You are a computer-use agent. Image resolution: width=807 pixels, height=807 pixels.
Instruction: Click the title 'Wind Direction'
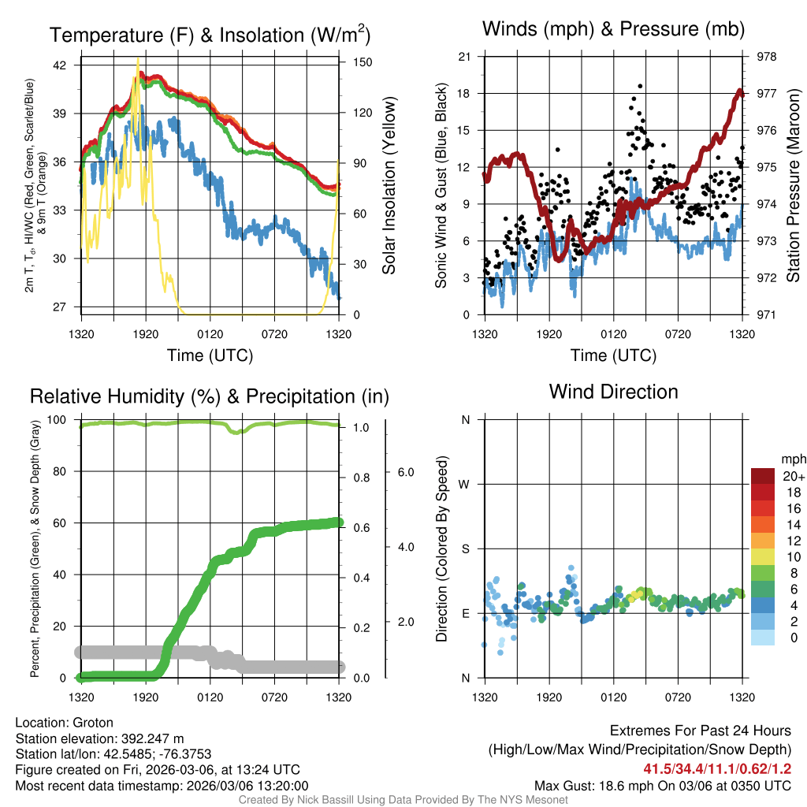613,392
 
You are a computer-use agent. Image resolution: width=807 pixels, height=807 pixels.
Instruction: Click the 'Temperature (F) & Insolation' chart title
210,35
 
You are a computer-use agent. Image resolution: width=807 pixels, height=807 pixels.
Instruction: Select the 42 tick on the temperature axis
61,65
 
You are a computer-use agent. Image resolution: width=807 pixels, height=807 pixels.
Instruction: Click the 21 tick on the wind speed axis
464,57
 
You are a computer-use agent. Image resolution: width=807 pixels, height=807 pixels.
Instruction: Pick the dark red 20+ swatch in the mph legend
764,477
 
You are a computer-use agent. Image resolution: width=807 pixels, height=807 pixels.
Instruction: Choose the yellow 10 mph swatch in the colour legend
764,557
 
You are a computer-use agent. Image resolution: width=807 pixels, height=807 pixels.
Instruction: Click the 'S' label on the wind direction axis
465,549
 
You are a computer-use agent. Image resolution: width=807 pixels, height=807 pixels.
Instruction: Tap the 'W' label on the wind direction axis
465,484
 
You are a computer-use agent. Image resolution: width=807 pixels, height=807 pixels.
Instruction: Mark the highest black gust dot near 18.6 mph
640,86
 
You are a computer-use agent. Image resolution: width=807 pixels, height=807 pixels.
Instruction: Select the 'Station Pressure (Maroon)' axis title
793,186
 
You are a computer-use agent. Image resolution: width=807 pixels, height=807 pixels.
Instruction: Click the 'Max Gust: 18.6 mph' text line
663,786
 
